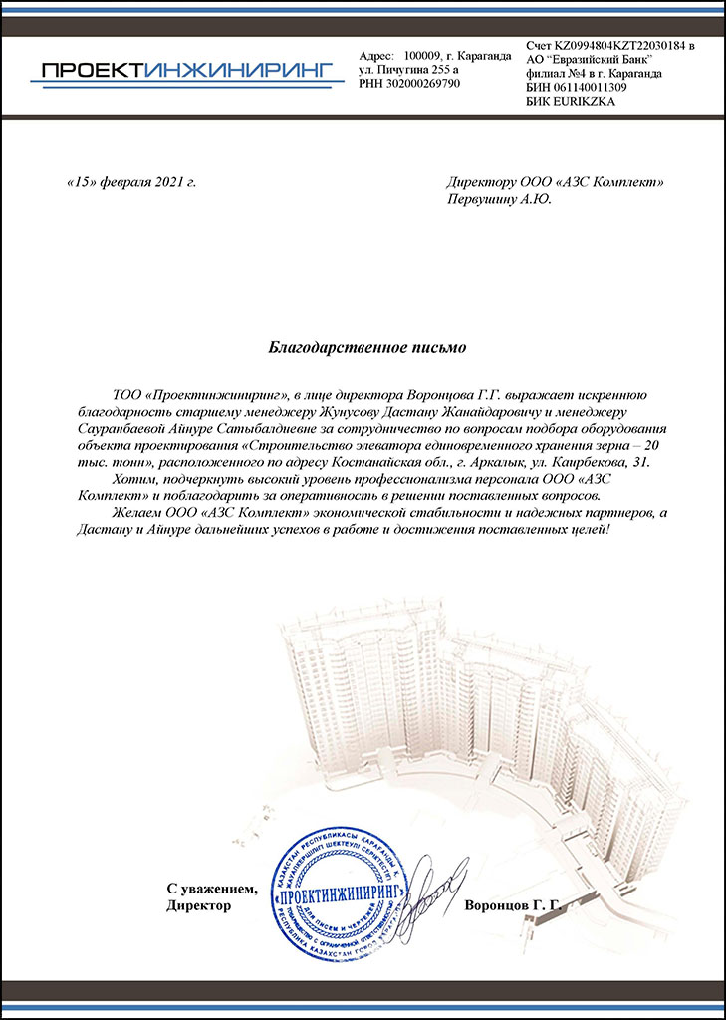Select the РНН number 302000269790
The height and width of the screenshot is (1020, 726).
(x=424, y=84)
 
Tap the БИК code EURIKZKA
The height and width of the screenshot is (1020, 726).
(x=582, y=102)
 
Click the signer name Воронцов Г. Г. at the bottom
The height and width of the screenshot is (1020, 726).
(x=514, y=906)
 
